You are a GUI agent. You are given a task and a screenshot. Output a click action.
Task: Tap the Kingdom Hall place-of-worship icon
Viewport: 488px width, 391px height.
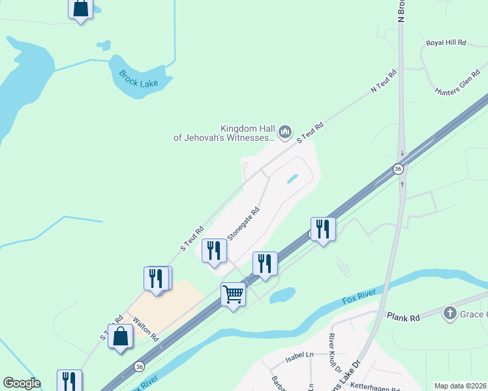tap(284, 132)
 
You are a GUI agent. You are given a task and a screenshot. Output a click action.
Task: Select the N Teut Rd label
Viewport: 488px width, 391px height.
tap(384, 81)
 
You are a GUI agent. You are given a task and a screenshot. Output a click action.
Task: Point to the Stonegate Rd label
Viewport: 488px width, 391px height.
tap(243, 223)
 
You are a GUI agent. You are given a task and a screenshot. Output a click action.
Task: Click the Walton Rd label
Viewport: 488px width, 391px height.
tap(145, 330)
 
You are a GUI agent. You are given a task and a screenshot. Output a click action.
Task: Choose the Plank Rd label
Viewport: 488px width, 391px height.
tap(404, 318)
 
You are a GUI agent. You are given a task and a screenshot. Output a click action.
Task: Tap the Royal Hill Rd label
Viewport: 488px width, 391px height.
tap(446, 42)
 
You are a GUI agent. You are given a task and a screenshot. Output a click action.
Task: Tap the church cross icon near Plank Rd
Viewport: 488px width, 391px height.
tap(450, 313)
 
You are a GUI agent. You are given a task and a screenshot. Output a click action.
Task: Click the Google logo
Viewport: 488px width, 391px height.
tap(22, 383)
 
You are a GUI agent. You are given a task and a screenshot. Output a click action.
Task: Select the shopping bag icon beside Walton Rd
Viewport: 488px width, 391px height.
tap(121, 336)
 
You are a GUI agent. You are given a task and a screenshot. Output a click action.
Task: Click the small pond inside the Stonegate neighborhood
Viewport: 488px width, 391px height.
tap(293, 178)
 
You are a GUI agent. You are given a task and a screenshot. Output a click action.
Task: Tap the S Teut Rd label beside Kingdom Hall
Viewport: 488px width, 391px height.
tap(311, 133)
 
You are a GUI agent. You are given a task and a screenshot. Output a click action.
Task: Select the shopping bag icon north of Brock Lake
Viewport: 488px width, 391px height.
tap(80, 8)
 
